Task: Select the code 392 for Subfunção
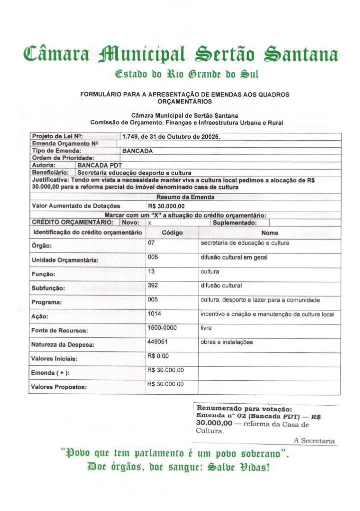(153, 285)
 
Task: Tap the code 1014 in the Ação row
(155, 313)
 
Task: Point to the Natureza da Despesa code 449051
(157, 342)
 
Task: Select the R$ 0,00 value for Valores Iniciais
(158, 356)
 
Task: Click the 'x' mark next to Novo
(149, 223)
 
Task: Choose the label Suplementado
(235, 223)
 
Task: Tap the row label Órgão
(42, 246)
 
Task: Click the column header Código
(172, 233)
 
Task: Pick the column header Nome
(270, 233)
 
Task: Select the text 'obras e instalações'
(227, 342)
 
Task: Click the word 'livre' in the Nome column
(206, 328)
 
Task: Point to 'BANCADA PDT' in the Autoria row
(100, 165)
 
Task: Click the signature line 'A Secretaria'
(315, 440)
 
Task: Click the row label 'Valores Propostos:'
(59, 387)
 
